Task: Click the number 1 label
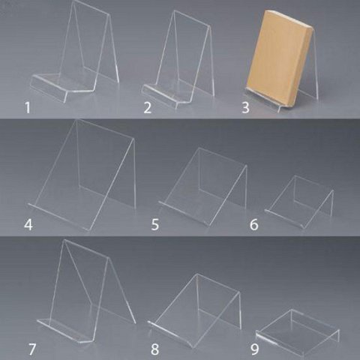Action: click(28, 108)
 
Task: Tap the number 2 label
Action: click(148, 108)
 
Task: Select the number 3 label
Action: click(245, 108)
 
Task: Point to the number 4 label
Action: click(28, 224)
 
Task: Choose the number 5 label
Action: click(155, 224)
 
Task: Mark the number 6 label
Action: click(254, 224)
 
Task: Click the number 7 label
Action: click(32, 349)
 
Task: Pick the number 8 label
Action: click(155, 349)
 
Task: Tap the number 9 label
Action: click(254, 349)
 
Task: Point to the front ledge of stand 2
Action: click(160, 96)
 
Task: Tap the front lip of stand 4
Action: click(58, 217)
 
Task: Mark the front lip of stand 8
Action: click(170, 334)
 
